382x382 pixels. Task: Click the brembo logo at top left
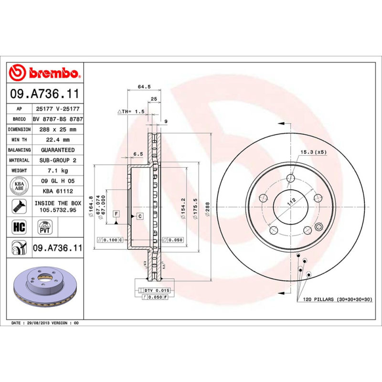(x=45, y=73)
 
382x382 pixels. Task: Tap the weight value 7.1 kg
(x=58, y=170)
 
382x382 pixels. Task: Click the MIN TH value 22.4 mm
(x=58, y=140)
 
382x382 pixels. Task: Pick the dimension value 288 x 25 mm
(x=58, y=129)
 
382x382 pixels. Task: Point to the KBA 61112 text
(x=58, y=191)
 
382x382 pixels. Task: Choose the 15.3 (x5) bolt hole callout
(x=313, y=152)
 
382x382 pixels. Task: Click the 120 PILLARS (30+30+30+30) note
(x=337, y=300)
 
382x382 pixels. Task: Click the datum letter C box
(x=140, y=216)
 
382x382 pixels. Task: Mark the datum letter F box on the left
(x=116, y=213)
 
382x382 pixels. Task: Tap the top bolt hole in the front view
(x=291, y=179)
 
